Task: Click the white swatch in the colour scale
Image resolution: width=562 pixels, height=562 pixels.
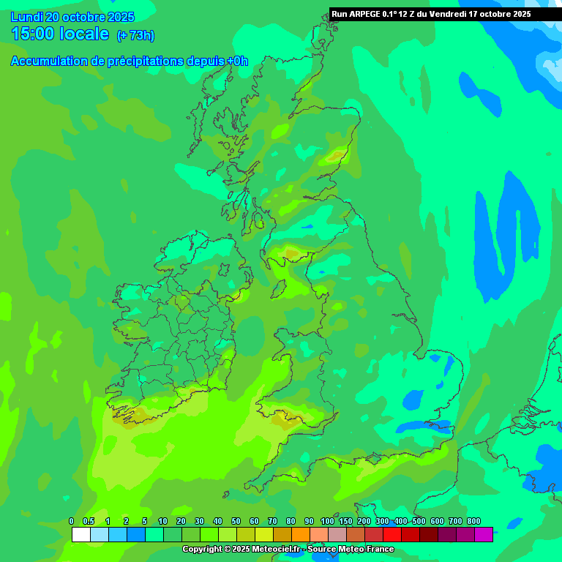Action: [x=80, y=535]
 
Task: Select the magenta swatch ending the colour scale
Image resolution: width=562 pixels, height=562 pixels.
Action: [x=483, y=535]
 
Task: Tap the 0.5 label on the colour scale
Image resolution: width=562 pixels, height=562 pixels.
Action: [x=89, y=521]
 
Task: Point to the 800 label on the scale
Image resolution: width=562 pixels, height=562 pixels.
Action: [x=474, y=521]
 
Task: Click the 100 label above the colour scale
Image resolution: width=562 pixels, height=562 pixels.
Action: [x=327, y=521]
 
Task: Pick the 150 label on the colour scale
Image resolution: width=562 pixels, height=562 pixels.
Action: [x=345, y=521]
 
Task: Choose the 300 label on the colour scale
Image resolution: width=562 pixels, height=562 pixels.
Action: [x=382, y=521]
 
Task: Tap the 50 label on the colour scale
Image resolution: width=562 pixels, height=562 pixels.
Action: [x=236, y=521]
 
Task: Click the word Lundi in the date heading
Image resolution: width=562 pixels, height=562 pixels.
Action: [x=26, y=17]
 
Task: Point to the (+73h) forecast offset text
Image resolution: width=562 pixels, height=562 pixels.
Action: [x=135, y=35]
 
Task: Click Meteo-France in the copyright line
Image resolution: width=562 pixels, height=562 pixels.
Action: [x=370, y=549]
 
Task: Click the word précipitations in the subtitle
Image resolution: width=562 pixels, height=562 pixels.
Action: [x=146, y=61]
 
